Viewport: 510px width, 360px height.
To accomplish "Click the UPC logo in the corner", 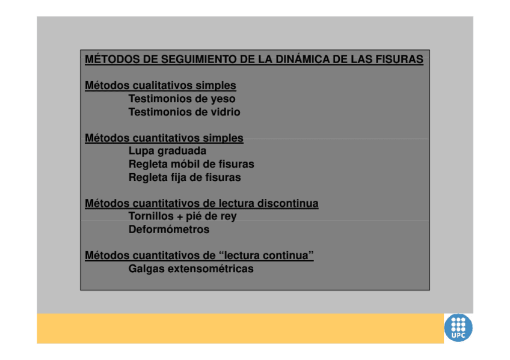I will pos(458,328).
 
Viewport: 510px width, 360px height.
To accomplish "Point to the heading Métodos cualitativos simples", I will pos(160,86).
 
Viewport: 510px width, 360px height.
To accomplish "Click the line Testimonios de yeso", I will pos(182,99).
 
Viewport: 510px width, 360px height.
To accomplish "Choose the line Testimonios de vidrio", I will pos(184,112).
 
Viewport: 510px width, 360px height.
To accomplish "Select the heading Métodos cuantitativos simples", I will pos(164,138).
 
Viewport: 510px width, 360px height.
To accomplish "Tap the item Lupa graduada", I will pos(167,151).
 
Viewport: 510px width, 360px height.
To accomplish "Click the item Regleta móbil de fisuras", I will pos(191,165).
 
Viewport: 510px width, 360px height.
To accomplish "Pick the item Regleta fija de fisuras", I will pos(184,178).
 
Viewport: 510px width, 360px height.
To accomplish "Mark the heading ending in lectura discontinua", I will pos(201,204).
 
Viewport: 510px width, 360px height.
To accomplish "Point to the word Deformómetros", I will pos(169,230).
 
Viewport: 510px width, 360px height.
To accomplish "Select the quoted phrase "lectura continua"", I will pos(268,256).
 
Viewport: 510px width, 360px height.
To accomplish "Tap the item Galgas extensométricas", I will pos(191,269).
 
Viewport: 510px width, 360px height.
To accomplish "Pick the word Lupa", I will pos(141,151).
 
